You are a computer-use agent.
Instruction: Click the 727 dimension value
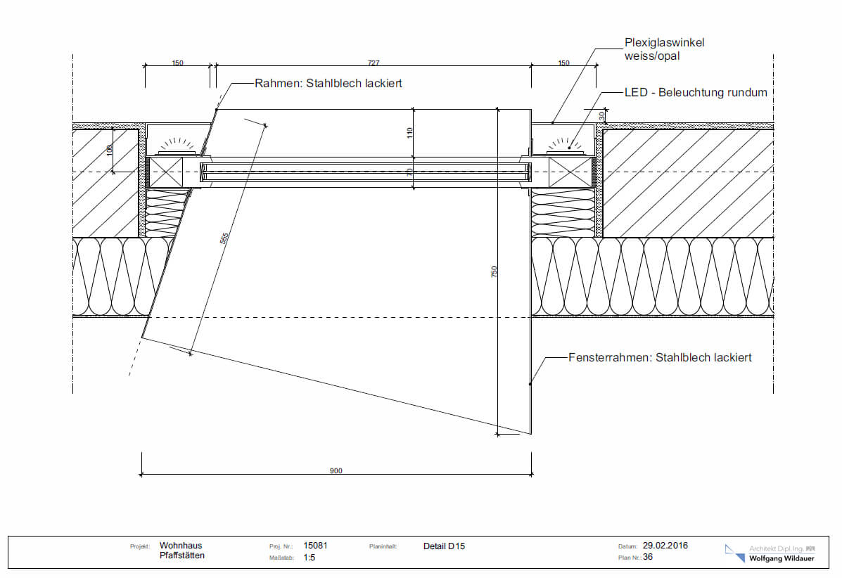(374, 63)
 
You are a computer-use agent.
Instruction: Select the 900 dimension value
(336, 470)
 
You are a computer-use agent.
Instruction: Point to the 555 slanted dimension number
(224, 239)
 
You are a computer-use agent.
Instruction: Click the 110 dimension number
(409, 131)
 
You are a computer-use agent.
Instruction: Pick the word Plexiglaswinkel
(664, 42)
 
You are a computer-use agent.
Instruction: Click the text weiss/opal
(651, 56)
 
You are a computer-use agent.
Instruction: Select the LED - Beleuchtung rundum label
(695, 92)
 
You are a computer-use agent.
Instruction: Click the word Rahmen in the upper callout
(276, 83)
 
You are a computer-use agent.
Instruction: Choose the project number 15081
(315, 545)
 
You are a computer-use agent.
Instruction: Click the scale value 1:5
(309, 557)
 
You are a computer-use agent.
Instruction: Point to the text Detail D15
(444, 546)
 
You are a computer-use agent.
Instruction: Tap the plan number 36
(648, 556)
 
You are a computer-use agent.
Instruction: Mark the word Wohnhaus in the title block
(180, 545)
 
